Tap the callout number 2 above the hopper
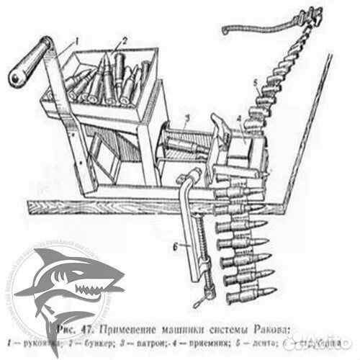125,40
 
